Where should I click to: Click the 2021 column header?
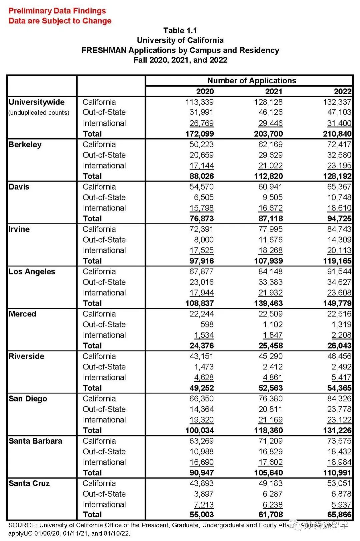pos(273,91)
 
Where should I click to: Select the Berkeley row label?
pos(25,145)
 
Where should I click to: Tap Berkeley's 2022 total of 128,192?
pos(337,176)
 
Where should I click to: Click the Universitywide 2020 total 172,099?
pos(199,134)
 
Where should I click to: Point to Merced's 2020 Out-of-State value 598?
pos(207,324)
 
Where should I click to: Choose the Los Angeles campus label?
pos(32,271)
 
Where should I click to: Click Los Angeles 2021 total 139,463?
pos(268,303)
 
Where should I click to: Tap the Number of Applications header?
pos(252,81)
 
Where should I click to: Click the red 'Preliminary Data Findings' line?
pos(57,11)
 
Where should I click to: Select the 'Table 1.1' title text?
pos(180,31)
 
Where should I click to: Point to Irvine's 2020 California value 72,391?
pos(201,229)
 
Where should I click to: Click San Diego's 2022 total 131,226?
pos(337,430)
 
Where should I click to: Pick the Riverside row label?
pos(26,356)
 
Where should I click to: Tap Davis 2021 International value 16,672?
pos(270,208)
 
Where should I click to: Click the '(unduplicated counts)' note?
pos(39,113)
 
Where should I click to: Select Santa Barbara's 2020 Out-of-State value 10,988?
pos(201,452)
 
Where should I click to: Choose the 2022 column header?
pos(342,91)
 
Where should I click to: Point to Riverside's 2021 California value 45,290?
pos(270,356)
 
